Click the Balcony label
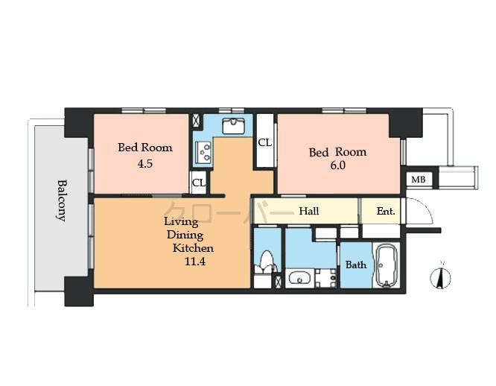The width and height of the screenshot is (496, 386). pos(62,199)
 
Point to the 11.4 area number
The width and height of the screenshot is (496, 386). pos(195,262)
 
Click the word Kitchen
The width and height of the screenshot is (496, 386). pos(194,248)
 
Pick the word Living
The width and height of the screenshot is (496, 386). pos(181,221)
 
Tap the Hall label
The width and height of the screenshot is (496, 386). pos(308,211)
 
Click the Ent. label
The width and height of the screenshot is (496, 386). pos(385,211)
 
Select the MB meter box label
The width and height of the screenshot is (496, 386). pos(419,180)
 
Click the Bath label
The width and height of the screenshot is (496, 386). pos(355,265)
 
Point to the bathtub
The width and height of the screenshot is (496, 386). pos(386,264)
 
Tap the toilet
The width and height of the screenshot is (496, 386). pos(265,263)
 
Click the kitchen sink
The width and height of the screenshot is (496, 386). pos(233,125)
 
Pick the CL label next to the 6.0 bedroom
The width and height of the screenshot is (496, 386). pos(264,142)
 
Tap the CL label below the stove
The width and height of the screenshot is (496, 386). pos(198,182)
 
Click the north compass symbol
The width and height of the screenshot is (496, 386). pos(441,276)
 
